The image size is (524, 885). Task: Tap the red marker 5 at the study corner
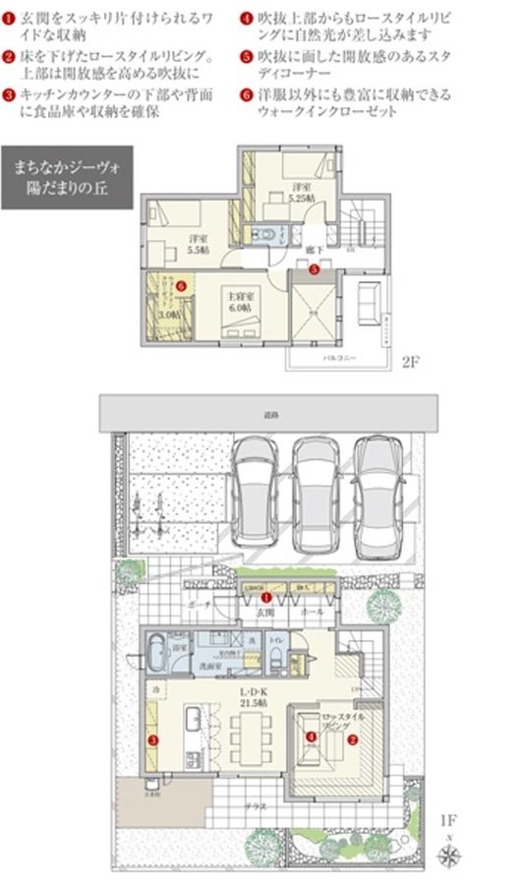(314, 267)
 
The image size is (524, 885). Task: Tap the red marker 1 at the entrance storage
(266, 597)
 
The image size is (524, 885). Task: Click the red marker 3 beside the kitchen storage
(152, 738)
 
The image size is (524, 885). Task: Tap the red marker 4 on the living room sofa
(311, 736)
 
